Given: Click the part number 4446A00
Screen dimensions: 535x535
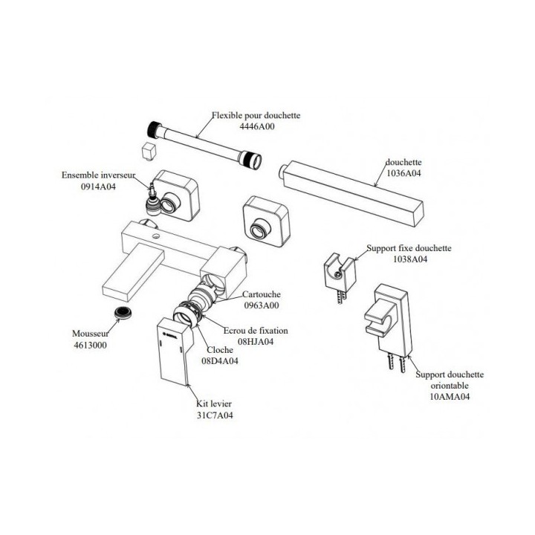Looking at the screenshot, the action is (256, 126).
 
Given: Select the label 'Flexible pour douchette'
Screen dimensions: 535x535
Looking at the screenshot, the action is (256, 115).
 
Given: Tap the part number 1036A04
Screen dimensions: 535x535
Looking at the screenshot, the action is (403, 173).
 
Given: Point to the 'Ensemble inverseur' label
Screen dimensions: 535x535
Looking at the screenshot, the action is (98, 175).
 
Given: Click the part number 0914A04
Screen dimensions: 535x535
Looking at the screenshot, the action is (98, 187).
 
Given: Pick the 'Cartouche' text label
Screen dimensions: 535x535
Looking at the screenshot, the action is (262, 294).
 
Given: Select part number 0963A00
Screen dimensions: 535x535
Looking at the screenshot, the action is (262, 305).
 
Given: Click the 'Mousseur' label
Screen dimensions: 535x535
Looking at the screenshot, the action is (91, 334).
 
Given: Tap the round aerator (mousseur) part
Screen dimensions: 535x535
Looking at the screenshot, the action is (123, 313).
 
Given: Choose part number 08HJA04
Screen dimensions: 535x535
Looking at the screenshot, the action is (256, 342).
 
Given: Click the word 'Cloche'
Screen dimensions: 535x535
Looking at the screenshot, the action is (220, 350).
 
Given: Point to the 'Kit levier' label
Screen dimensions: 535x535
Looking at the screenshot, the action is (214, 404).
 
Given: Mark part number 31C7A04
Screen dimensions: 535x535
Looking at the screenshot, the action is (215, 415).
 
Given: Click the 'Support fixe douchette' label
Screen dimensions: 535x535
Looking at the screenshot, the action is (409, 248).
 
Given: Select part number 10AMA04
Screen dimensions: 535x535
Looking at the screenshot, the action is (450, 397).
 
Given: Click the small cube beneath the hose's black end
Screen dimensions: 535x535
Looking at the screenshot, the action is (149, 151).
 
